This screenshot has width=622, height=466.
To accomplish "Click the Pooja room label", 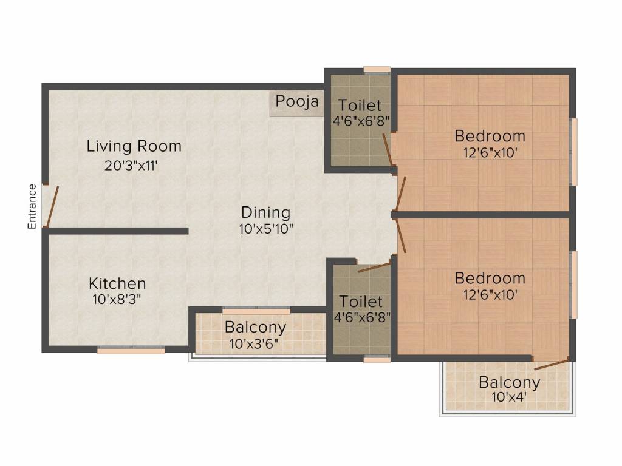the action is pyautogui.click(x=296, y=101).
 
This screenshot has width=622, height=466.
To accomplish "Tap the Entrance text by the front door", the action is pyautogui.click(x=32, y=206).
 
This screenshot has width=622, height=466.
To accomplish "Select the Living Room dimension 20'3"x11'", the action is pyautogui.click(x=131, y=165).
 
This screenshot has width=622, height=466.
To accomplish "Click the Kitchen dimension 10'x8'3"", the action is pyautogui.click(x=117, y=299).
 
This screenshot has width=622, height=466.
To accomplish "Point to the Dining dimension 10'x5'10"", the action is pyautogui.click(x=266, y=229).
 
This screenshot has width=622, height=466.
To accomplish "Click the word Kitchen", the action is pyautogui.click(x=117, y=284).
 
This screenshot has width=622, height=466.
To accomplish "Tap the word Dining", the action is pyautogui.click(x=266, y=212).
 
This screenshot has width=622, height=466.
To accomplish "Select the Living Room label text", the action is pyautogui.click(x=134, y=146).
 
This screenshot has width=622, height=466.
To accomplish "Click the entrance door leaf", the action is pyautogui.click(x=53, y=206).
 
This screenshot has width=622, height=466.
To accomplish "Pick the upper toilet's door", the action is pyautogui.click(x=388, y=150).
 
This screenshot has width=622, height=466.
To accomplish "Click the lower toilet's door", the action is pyautogui.click(x=374, y=267).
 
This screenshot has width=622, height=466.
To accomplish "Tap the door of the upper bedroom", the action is pyautogui.click(x=401, y=194).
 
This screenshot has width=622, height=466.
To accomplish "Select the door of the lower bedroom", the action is pyautogui.click(x=401, y=236).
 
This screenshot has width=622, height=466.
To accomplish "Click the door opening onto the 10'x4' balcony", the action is pyautogui.click(x=552, y=365).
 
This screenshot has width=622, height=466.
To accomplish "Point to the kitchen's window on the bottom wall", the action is pyautogui.click(x=131, y=349).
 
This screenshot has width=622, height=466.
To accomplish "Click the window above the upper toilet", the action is pyautogui.click(x=377, y=70).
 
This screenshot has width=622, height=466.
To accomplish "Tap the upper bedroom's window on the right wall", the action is pyautogui.click(x=573, y=152).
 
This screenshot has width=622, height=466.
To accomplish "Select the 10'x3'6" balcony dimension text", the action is pyautogui.click(x=254, y=343).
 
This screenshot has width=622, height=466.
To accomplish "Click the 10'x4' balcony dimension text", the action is pyautogui.click(x=509, y=397).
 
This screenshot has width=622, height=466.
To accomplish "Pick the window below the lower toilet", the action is pyautogui.click(x=377, y=359).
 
